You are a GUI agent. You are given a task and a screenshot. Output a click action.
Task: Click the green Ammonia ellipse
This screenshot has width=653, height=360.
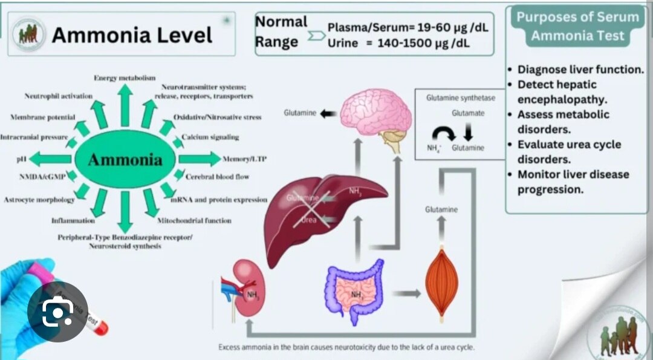(125, 160)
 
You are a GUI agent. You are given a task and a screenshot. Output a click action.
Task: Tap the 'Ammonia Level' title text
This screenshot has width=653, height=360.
(132, 34)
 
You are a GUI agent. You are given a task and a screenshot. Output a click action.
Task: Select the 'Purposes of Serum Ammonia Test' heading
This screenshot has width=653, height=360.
(577, 26)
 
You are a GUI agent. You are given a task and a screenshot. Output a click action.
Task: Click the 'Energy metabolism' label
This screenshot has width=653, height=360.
(125, 78)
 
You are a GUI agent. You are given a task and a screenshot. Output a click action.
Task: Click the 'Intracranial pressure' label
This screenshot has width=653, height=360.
(34, 137)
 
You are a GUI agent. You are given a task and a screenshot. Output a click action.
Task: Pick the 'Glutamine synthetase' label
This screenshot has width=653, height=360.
(452, 97)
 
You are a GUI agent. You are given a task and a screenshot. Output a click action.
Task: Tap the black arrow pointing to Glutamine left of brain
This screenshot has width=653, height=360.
(328, 113)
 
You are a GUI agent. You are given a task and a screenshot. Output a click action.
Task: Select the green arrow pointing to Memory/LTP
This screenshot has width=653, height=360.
(200, 159)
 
